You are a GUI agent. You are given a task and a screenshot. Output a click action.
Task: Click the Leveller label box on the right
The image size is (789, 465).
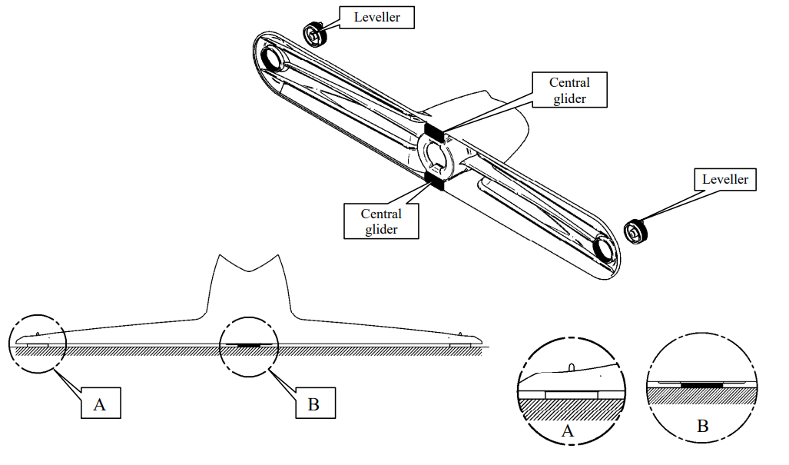coord(725,180)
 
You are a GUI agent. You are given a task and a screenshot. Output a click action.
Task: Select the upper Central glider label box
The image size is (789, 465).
coord(569,91)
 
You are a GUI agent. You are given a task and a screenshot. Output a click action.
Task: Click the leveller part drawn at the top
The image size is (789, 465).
coord(313,35)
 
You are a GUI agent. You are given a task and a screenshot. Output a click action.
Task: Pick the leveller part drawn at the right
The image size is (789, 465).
coord(636,230)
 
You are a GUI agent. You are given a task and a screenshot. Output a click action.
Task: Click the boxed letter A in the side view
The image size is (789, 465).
coord(100,404)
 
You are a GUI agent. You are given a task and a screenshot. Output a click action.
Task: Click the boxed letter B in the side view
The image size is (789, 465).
coord(313,404)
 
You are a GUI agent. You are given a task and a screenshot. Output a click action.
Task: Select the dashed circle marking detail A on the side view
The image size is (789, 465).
coord(38,344)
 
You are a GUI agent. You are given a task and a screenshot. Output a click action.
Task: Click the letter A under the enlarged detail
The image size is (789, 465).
coord(568,431)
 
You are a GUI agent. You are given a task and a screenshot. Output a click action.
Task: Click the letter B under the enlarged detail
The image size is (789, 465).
coord(701,425)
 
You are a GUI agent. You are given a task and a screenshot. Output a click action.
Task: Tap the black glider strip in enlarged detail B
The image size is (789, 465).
coord(700,384)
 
